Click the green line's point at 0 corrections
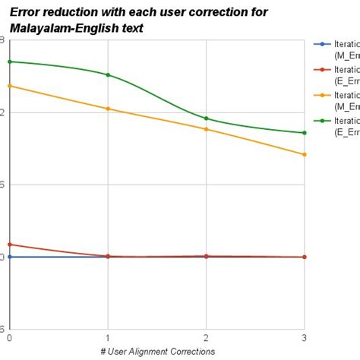[x=9, y=62]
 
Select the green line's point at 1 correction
[x=108, y=74]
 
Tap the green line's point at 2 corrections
[x=206, y=118]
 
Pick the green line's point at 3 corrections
[x=305, y=133]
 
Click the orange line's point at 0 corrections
[x=9, y=86]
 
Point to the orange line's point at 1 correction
[x=108, y=109]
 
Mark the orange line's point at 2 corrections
[x=206, y=129]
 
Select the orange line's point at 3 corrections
[x=305, y=154]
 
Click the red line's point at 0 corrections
[x=9, y=245]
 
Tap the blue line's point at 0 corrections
[x=9, y=257]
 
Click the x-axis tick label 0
[x=9, y=337]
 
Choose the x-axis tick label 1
[x=108, y=337]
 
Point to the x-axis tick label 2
[x=206, y=337]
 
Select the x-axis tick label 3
[x=305, y=337]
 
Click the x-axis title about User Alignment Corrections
[x=157, y=352]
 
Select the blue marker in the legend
[x=323, y=44]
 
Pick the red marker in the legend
[x=323, y=69]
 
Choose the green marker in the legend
[x=323, y=120]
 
